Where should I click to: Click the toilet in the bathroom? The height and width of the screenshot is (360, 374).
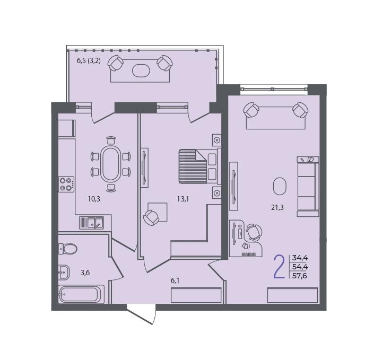[x=68, y=249]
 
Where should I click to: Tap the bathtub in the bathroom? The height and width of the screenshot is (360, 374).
[x=82, y=294]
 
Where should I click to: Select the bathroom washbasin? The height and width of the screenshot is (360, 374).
[x=64, y=272]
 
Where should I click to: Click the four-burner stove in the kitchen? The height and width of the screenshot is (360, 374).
[x=66, y=184]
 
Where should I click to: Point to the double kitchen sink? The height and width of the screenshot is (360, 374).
[x=91, y=223]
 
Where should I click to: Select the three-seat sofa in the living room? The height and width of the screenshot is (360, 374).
[x=308, y=187]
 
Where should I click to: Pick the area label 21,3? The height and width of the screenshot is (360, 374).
[x=277, y=208]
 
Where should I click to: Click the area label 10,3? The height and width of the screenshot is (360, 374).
[x=94, y=199]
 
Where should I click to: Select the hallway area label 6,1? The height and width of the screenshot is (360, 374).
[x=175, y=281]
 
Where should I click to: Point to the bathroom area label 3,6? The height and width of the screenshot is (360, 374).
[x=85, y=273]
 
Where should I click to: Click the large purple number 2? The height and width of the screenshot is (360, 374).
[x=280, y=267]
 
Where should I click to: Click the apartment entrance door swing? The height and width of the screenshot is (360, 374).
[x=142, y=314]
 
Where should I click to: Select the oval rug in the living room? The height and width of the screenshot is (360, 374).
[x=280, y=186]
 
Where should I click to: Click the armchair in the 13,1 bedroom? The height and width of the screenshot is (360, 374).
[x=151, y=217]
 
